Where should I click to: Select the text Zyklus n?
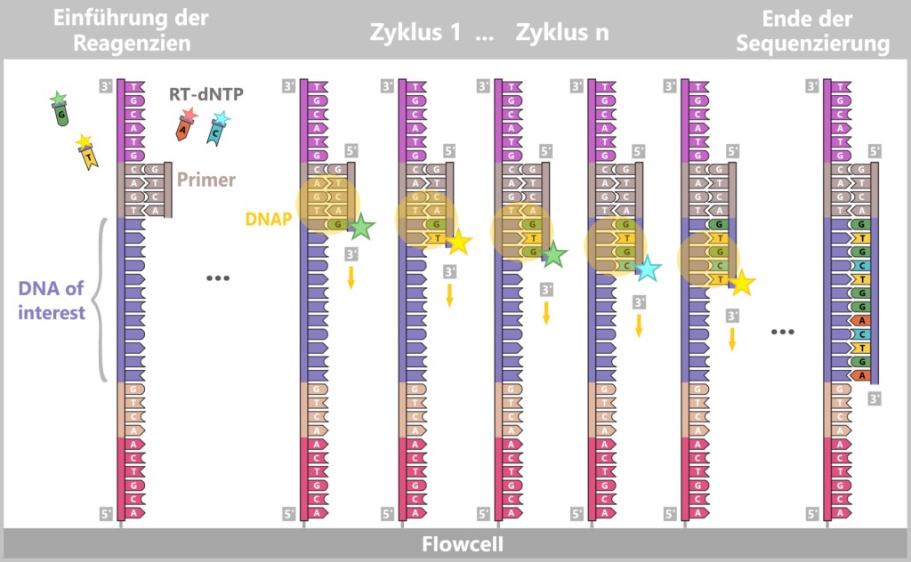point(561,33)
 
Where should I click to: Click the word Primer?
point(206,180)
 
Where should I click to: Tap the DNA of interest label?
point(52,301)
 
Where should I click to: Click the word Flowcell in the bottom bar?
point(455,543)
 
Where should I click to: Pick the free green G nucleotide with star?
point(60,109)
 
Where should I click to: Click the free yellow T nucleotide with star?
point(86,152)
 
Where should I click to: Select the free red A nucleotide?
point(184,124)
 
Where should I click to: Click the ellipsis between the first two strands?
point(218,278)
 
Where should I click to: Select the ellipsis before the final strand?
point(783,332)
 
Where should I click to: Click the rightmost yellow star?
point(741,284)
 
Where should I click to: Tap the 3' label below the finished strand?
point(875,398)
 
